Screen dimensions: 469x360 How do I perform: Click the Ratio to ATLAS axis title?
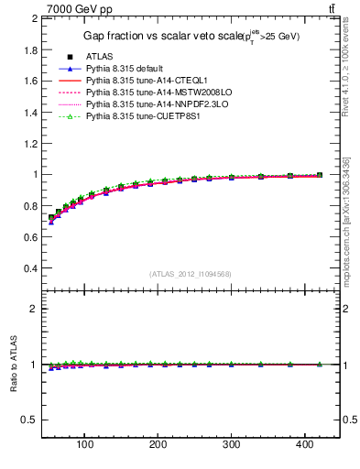click(x=14, y=365)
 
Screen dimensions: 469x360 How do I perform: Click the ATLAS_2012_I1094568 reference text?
click(x=189, y=274)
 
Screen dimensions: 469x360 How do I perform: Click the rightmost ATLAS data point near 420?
click(x=320, y=174)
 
